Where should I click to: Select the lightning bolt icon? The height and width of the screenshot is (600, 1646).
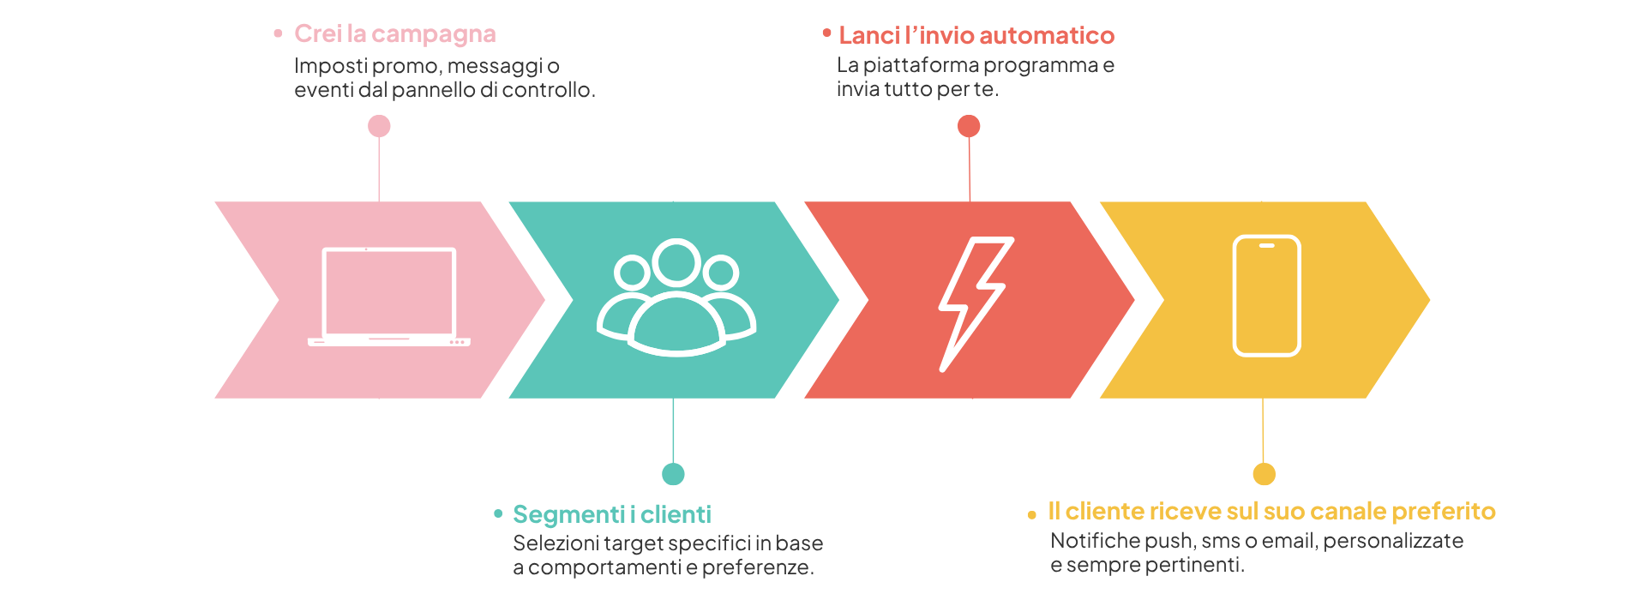(975, 303)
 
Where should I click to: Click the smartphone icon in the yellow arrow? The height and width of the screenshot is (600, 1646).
(1266, 296)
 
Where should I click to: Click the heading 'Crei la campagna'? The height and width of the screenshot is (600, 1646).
(394, 34)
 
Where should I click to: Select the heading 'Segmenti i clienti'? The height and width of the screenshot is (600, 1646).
(611, 514)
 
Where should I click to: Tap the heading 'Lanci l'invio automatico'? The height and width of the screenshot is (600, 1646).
(976, 35)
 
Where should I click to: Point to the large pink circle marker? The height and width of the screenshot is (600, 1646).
(379, 126)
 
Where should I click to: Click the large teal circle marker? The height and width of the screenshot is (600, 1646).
(673, 474)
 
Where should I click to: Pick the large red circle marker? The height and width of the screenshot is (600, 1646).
(969, 126)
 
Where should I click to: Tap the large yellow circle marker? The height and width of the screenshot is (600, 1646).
(1264, 474)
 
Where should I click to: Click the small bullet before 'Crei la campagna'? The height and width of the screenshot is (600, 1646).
(278, 33)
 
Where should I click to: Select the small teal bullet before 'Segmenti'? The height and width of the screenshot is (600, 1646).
(498, 513)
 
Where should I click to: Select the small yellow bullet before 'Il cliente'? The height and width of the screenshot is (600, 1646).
(1031, 515)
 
